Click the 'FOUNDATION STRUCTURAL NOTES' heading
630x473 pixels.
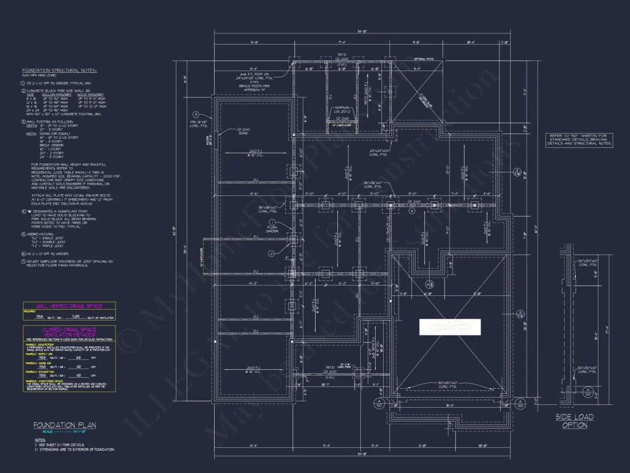(x=59, y=71)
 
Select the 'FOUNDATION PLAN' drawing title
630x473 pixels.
(x=64, y=425)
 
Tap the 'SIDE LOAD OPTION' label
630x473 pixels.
(x=574, y=421)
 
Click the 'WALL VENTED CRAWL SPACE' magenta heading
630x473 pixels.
(x=69, y=306)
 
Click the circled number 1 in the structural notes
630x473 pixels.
(x=23, y=83)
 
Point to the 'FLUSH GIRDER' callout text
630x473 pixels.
(x=272, y=230)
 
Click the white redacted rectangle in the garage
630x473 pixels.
(x=450, y=327)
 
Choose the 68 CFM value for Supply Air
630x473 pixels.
(x=78, y=356)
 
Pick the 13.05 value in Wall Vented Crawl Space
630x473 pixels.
(x=74, y=316)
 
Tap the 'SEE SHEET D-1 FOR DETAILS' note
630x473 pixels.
(x=61, y=444)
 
